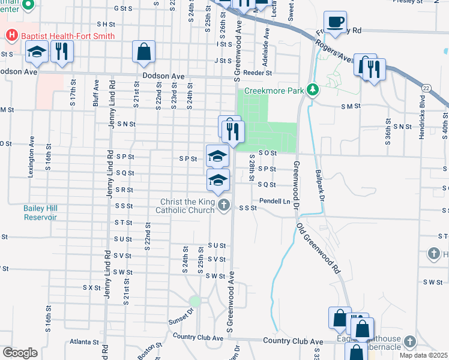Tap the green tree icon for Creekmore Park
312,89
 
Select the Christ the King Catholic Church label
185,206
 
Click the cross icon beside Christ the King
223,206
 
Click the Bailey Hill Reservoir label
40,212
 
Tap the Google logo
20,353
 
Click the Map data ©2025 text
423,355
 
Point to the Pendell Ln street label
275,201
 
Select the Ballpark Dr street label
319,185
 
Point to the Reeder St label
261,73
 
